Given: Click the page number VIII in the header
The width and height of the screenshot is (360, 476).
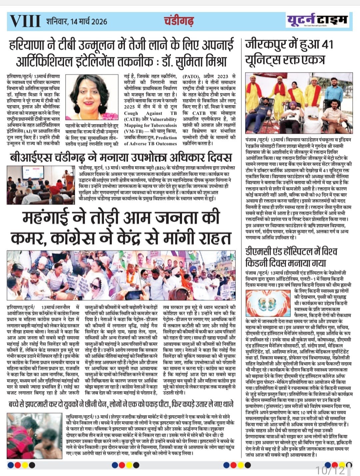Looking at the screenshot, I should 25,21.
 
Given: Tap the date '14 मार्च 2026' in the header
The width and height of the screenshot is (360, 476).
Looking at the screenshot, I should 88,22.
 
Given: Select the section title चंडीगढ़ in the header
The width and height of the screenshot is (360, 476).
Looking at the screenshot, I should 179,21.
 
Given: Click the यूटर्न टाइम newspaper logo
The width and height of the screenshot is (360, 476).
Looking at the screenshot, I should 318,20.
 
